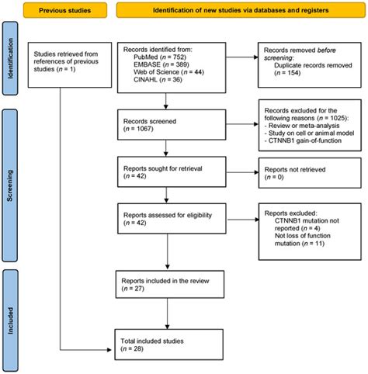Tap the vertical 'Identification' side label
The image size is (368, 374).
11,63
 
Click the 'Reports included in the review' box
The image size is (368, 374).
166,288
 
